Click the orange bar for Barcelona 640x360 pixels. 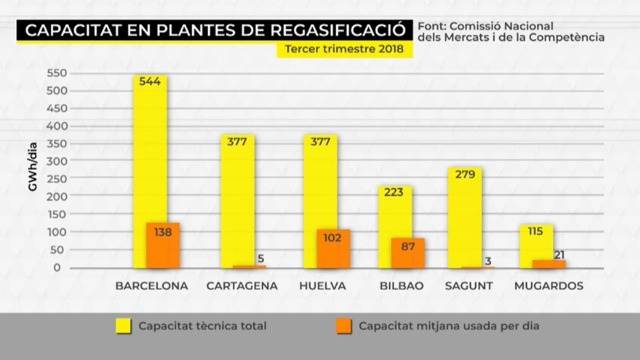(163, 246)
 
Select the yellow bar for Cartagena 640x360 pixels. (237, 200)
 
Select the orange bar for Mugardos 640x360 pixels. (549, 264)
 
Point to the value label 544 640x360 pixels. (150, 82)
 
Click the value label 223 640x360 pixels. (394, 192)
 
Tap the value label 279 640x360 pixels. (465, 175)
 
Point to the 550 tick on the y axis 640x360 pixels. (57, 73)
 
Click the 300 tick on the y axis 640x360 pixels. (57, 161)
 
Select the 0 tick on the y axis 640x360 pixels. (57, 268)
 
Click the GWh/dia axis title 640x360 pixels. (33, 167)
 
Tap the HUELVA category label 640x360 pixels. (322, 286)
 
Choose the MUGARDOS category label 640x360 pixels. (548, 286)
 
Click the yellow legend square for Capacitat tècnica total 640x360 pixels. (123, 326)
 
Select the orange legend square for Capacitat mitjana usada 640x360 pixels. (344, 326)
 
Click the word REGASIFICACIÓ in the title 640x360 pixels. (338, 30)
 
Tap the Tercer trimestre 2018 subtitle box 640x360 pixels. (344, 49)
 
